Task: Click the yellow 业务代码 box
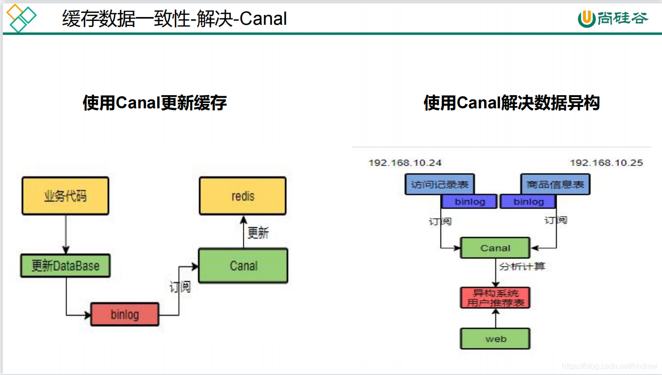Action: point(65,196)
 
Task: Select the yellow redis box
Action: point(242,196)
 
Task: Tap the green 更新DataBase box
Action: point(65,266)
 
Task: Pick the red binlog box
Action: point(125,314)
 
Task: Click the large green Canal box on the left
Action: point(243,266)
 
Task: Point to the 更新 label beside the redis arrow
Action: point(258,233)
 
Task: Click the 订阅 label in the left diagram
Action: point(180,287)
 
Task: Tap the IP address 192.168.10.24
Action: point(405,163)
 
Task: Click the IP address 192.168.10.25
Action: point(606,163)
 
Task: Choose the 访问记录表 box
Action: point(440,185)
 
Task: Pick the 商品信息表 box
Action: point(555,185)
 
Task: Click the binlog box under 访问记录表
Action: point(469,202)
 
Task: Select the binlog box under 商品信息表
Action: point(528,202)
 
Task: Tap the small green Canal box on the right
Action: point(495,248)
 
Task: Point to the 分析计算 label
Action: point(522,266)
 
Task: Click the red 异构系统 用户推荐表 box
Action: point(495,298)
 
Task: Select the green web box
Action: point(495,339)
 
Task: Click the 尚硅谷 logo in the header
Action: point(613,18)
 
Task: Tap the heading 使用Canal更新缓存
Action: point(154,103)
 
